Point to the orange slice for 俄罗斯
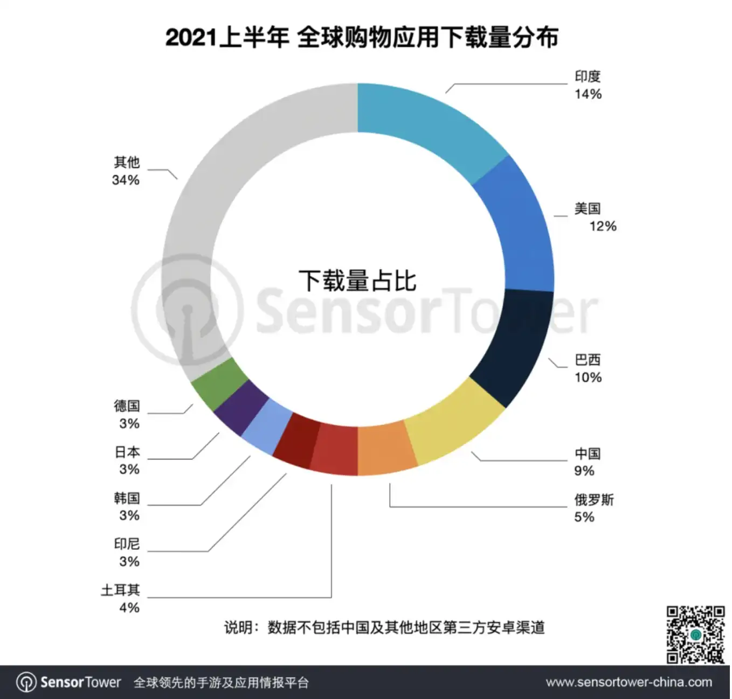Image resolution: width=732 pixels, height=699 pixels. pos(385,449)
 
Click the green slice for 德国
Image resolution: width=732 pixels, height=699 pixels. pos(218,384)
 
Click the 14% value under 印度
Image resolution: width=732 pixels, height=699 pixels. pos(588,94)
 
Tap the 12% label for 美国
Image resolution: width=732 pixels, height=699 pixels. pos(603,226)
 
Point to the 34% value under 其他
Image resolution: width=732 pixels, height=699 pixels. pos(126,180)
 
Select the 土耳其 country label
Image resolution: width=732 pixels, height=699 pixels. pos(120,590)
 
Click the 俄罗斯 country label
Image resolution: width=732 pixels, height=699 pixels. pos(594,500)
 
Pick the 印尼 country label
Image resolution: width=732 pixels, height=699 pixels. pos(127,544)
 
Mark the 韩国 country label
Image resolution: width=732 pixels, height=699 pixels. pos(127,498)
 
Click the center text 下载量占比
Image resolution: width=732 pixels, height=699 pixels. pos(358,281)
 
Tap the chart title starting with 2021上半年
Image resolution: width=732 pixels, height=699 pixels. pos(362,38)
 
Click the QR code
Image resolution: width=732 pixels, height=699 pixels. pos(695,635)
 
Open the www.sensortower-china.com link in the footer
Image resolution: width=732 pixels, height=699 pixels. pos(629,682)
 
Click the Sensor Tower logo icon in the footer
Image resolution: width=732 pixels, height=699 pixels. pos(26,682)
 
